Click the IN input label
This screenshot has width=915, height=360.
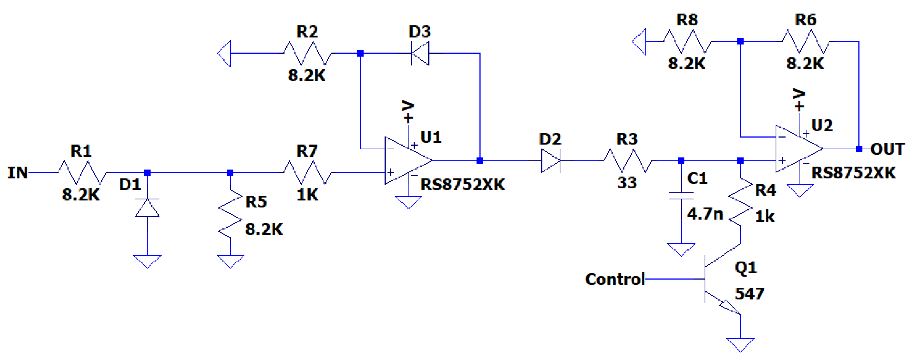17,173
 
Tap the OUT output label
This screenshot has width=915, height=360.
887,149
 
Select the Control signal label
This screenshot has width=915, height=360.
615,279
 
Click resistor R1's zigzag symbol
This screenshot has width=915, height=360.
82,173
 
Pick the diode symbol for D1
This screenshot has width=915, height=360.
147,207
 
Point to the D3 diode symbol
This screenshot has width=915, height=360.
420,53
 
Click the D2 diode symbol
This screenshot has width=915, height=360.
551,161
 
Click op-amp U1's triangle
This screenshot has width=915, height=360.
406,161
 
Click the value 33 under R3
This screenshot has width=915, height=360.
627,183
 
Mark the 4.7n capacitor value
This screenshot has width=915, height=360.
705,213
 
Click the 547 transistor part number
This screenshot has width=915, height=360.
749,294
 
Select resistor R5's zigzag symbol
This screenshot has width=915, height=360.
231,214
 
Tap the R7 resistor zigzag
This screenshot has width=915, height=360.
308,173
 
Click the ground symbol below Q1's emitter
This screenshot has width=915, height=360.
741,344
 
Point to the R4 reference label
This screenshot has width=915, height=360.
765,190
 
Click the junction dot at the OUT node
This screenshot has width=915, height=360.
859,149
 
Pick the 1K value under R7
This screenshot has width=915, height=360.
307,195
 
